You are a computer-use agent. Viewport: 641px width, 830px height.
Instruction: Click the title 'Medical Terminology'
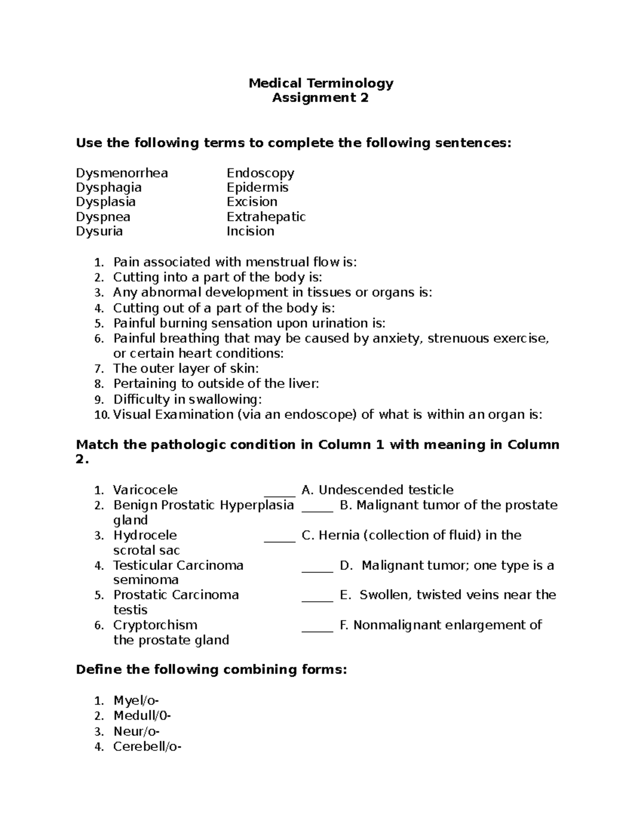click(x=320, y=83)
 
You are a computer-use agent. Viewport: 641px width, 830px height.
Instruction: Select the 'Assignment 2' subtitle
click(x=320, y=98)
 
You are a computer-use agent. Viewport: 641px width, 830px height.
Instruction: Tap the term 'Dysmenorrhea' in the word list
click(x=122, y=173)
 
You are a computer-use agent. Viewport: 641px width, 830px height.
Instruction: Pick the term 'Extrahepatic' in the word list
click(x=266, y=217)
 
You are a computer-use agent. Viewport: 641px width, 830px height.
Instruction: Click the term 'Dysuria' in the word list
click(x=99, y=231)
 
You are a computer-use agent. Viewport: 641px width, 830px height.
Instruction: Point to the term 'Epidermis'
click(x=257, y=188)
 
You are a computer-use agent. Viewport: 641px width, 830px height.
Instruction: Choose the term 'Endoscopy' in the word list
click(x=260, y=173)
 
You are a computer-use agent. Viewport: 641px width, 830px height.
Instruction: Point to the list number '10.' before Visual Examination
click(x=101, y=415)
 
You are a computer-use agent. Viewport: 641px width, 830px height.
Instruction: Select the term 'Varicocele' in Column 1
click(x=145, y=490)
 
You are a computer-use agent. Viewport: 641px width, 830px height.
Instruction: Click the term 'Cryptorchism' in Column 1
click(x=155, y=625)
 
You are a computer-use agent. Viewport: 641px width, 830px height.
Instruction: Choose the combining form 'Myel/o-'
click(x=136, y=701)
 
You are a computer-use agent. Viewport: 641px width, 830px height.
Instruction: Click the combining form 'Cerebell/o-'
click(x=147, y=747)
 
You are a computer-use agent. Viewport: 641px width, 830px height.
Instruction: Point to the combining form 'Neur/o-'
click(x=136, y=731)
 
